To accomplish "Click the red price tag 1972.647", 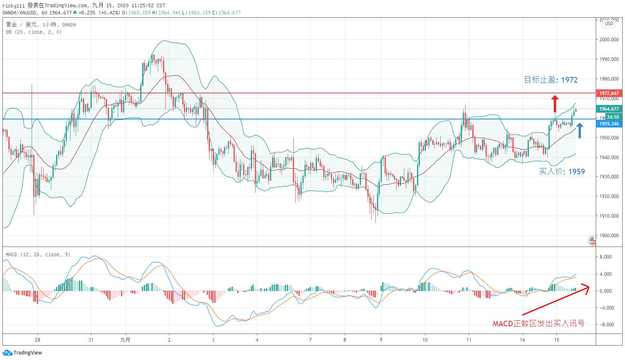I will pos(609,93).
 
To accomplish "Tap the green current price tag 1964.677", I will pos(609,109).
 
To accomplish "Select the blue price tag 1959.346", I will pos(609,124).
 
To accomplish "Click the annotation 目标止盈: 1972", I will pos(551,80).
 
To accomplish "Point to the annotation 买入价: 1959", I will pos(562,172).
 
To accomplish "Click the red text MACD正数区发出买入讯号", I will pos(538,324).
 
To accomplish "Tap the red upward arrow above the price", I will pos(554,103).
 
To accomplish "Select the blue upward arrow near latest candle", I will pos(579,131).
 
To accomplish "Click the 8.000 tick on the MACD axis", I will pos(605,257).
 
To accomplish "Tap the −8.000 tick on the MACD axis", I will pos(605,325).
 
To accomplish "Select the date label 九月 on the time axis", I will pos(125,340).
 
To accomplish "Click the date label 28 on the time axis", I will pos(38,340).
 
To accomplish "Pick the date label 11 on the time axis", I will pos(469,340).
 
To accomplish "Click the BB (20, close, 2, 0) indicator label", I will pos(34,32).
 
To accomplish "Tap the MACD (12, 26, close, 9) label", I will pos(38,255).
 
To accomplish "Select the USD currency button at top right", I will pos(609,24).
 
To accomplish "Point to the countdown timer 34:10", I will pos(613,117).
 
